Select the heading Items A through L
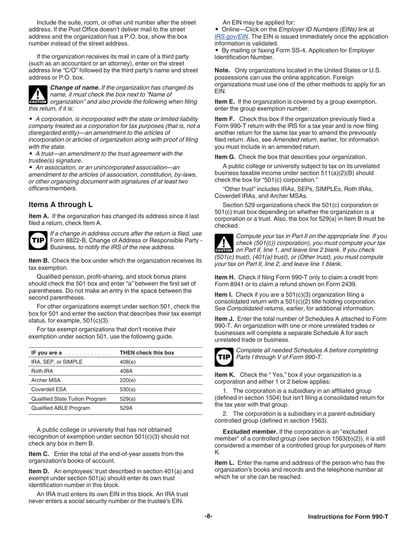61,205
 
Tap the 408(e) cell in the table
128,362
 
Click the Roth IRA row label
42,371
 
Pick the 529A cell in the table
126,408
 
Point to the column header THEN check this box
147,353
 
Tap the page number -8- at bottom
208,516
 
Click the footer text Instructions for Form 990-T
348,517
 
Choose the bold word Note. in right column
222,70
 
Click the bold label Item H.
225,277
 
